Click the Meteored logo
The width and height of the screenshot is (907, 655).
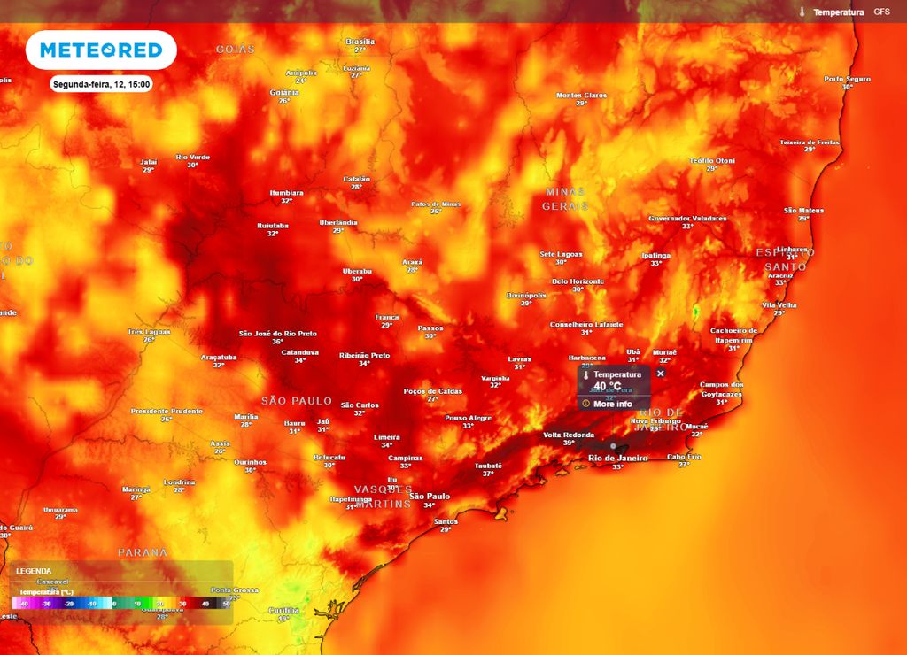[101, 50]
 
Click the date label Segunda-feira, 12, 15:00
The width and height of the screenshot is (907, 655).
[101, 85]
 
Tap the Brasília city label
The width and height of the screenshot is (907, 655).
[360, 42]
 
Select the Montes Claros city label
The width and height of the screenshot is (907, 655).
[582, 96]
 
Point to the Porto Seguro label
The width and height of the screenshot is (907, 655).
[848, 80]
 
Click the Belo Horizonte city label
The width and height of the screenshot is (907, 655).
[578, 281]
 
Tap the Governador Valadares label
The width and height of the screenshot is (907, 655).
[687, 218]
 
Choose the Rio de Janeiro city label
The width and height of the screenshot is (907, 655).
[618, 458]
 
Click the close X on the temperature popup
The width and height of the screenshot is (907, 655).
[660, 374]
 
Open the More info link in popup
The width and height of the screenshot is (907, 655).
[612, 404]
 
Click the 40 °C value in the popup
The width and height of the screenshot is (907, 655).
[608, 387]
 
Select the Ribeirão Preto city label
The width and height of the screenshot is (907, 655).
[364, 355]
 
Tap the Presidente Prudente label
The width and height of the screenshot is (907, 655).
[167, 412]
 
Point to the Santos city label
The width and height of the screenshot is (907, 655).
[446, 521]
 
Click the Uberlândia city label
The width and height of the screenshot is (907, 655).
[338, 222]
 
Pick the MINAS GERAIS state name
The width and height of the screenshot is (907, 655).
[565, 198]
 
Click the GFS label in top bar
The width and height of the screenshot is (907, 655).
[881, 12]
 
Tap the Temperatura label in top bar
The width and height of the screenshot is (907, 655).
[838, 12]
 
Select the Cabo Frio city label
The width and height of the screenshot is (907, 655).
[684, 457]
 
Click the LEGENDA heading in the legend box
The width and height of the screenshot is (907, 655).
[34, 571]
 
